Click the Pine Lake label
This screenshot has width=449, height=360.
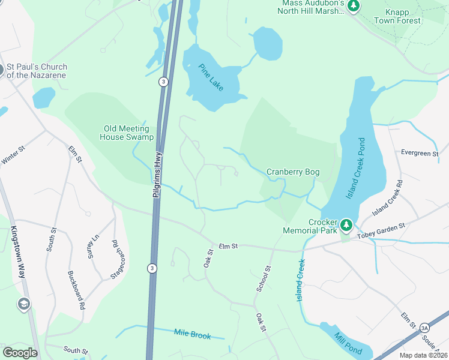pos(208,77)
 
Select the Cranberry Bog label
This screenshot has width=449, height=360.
pos(293,172)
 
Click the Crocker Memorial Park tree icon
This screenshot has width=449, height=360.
pos(346,226)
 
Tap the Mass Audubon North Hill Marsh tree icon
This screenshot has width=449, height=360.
pos(354,6)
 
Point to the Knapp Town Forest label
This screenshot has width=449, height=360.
pos(397,16)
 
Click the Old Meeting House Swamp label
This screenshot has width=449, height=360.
pos(128,133)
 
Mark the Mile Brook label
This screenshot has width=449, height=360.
pos(192,334)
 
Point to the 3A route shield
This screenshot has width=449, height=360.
pos(425,328)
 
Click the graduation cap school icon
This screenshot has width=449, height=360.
pos(24,304)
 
